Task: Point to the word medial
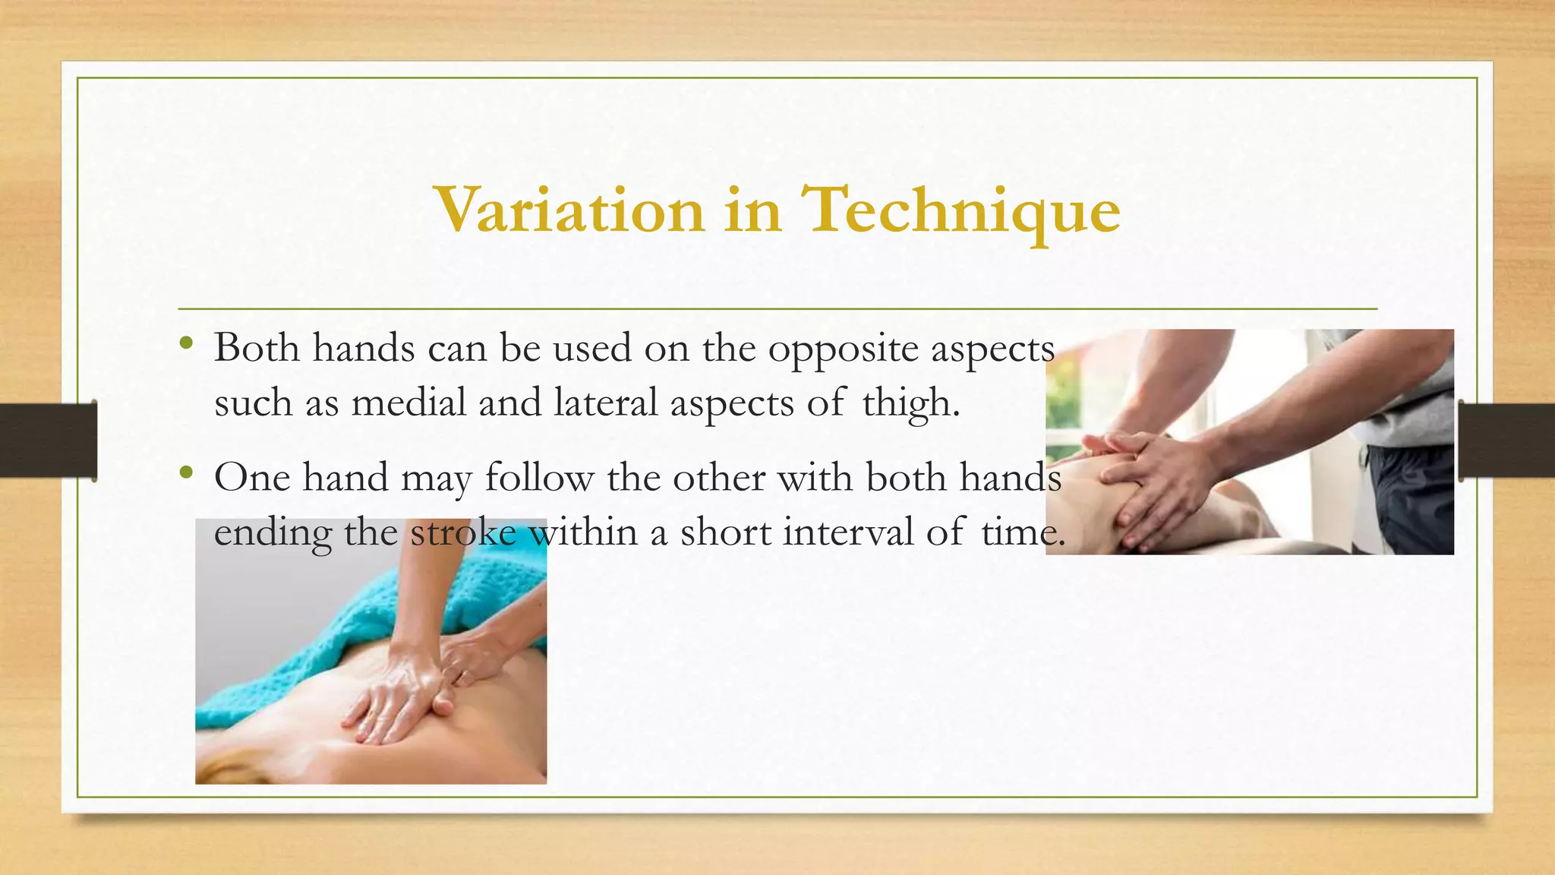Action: [x=408, y=402]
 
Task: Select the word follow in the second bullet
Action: [x=539, y=478]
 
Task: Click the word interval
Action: [x=848, y=531]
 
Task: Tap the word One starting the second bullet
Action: [x=252, y=478]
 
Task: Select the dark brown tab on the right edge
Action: [x=1506, y=441]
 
